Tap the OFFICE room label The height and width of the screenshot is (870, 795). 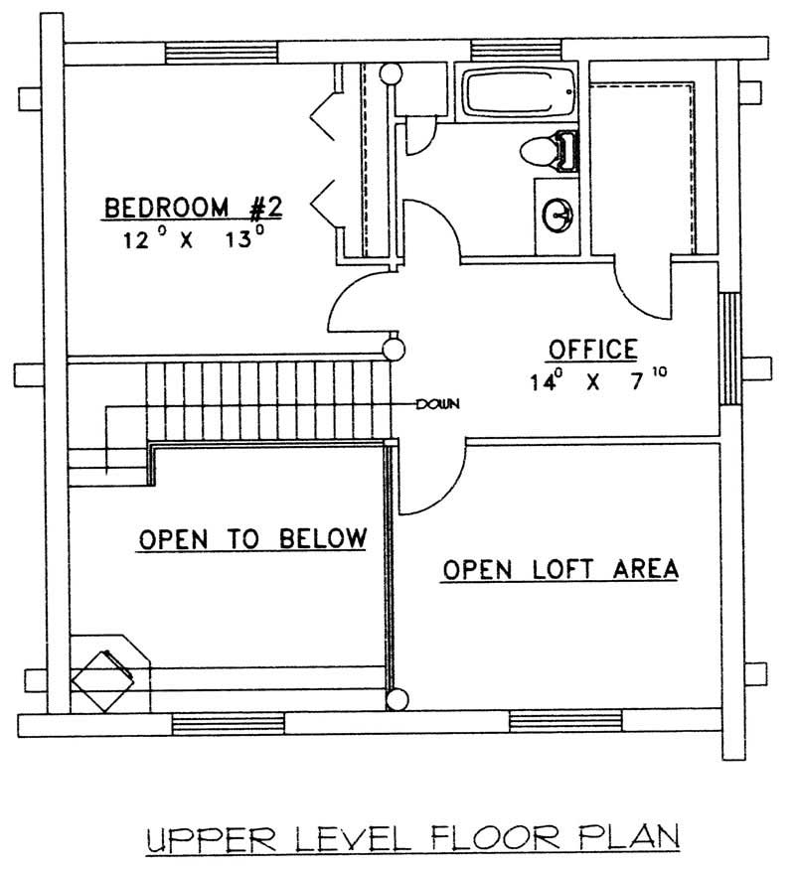pyautogui.click(x=593, y=349)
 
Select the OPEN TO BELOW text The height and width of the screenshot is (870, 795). pyautogui.click(x=252, y=538)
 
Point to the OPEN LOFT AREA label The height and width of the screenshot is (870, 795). pyautogui.click(x=560, y=569)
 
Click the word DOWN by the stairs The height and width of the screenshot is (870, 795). pyautogui.click(x=437, y=403)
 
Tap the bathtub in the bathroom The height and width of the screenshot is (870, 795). pyautogui.click(x=521, y=95)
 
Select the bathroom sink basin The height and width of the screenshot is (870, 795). pyautogui.click(x=558, y=212)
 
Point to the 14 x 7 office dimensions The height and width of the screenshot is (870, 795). pyautogui.click(x=593, y=378)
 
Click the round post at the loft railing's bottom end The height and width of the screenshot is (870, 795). pyautogui.click(x=397, y=699)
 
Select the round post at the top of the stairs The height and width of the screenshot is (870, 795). pyautogui.click(x=395, y=349)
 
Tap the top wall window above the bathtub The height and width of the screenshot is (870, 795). pyautogui.click(x=505, y=51)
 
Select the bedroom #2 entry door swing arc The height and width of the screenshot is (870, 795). pyautogui.click(x=360, y=303)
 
